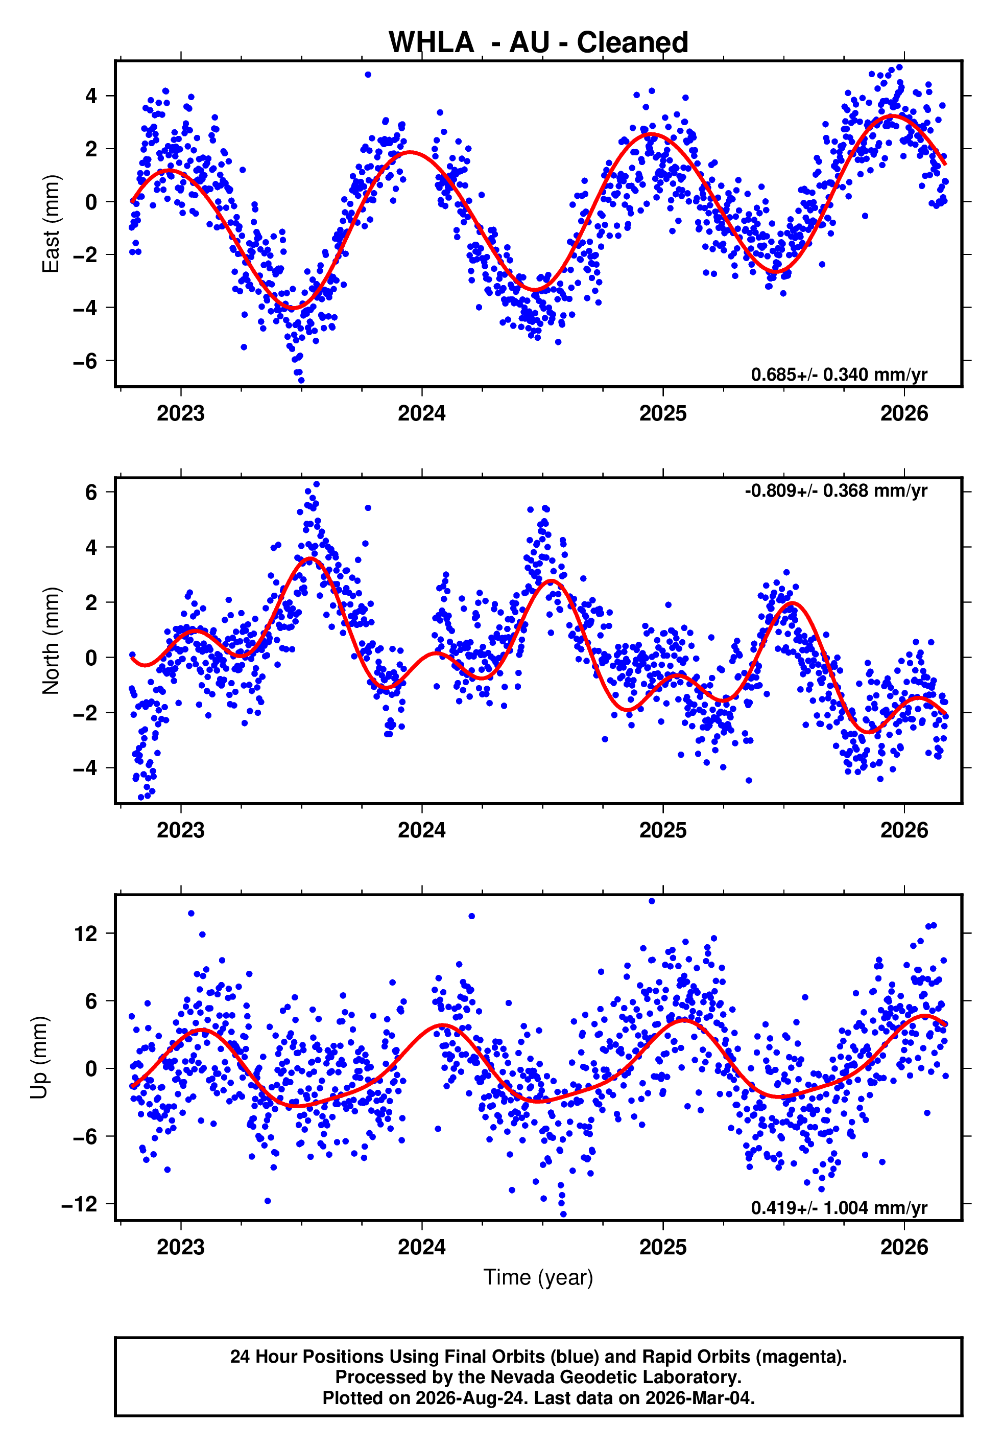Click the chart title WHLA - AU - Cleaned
point(538,43)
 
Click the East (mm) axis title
point(51,224)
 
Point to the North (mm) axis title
point(51,641)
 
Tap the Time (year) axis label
point(538,1277)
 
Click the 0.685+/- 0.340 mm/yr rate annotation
point(839,375)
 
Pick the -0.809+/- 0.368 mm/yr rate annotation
point(836,491)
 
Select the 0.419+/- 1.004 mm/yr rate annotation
point(839,1207)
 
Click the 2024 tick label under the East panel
point(422,413)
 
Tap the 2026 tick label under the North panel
point(904,830)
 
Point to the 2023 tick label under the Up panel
point(181,1247)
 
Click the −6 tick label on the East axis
point(85,361)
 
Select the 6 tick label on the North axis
point(91,493)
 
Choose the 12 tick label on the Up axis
point(86,933)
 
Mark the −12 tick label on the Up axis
point(80,1204)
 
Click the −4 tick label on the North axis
point(85,768)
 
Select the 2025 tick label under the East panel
point(663,413)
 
